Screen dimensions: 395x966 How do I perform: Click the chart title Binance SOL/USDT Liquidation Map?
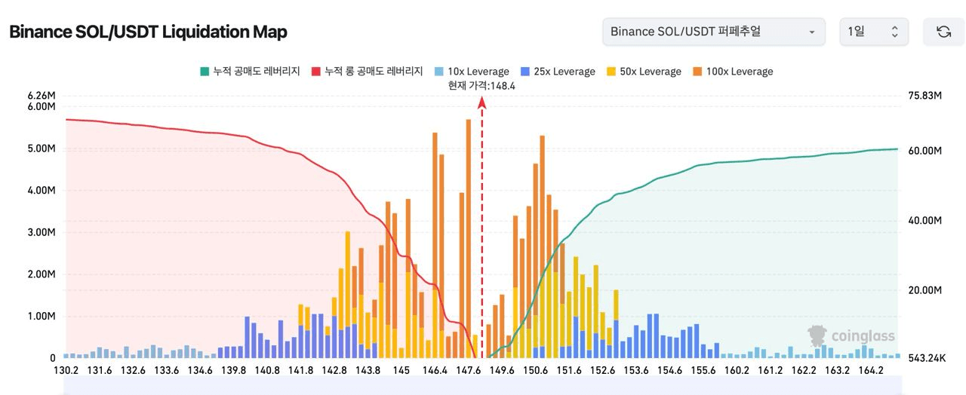(148, 32)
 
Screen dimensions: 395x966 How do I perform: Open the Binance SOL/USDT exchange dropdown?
(712, 32)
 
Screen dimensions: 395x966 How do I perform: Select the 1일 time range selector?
(873, 32)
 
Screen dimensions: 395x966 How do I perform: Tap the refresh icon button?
(943, 32)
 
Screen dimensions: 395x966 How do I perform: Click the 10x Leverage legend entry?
(472, 72)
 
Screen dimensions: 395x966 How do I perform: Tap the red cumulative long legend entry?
(367, 72)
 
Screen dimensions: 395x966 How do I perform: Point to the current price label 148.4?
(481, 86)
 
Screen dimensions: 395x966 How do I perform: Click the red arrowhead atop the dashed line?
(482, 103)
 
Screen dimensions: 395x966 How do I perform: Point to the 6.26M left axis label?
(42, 96)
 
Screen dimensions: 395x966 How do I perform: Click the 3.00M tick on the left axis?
(42, 232)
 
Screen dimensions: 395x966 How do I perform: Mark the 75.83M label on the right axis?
(924, 96)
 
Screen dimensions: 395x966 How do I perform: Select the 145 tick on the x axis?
(401, 371)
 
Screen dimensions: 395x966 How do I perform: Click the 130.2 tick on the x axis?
(66, 371)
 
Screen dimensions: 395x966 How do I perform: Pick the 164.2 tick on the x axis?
(871, 371)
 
